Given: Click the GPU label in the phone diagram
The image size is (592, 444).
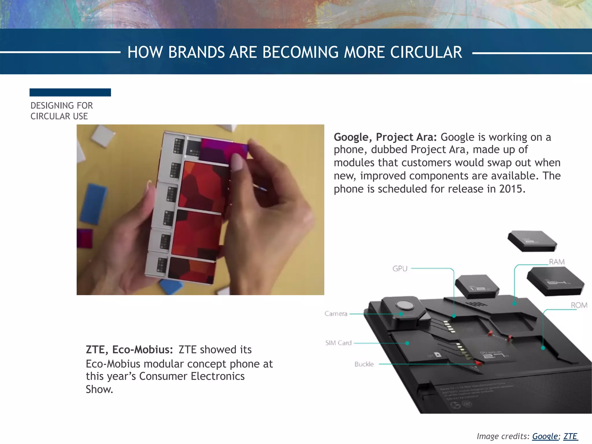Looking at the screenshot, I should coord(400,269).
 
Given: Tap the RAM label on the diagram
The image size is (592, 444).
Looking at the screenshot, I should coord(557,262).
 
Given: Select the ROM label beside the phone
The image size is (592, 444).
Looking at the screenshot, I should coord(579,305).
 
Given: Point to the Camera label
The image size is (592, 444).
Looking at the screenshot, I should coord(336,314).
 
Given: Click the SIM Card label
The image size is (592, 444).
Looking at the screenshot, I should coord(338,343).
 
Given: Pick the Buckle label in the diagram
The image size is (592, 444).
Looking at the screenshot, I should coord(364,364).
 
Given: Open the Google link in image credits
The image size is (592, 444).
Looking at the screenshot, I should coord(545,436).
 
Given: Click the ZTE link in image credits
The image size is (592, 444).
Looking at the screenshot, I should coord(570,436).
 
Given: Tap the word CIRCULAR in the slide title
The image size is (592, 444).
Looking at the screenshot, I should coord(426,52).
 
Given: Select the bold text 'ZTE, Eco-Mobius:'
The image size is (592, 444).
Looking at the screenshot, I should coord(129,350).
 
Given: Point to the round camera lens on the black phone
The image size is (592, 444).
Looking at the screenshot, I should coord(401,305).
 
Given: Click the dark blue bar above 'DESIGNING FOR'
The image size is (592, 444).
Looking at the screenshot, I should coord(70,92).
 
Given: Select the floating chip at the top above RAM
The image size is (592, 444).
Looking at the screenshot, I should coord(532,240).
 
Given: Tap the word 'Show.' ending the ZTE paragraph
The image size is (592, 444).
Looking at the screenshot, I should coord(99,390).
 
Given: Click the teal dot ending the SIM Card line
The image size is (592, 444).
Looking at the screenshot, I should coord(407,343).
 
